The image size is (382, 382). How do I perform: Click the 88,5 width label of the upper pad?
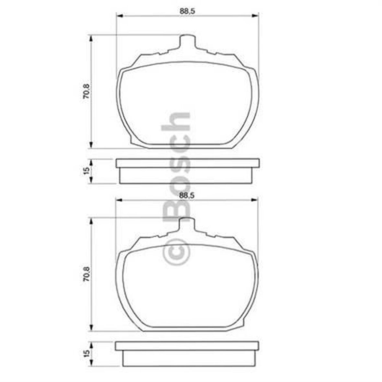coord(187,11)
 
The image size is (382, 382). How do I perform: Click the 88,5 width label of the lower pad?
coord(187,195)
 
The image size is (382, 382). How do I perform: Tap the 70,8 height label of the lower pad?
coord(86,274)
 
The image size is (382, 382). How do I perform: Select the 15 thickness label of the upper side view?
coord(86,171)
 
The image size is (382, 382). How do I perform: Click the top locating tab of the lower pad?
coord(187,224)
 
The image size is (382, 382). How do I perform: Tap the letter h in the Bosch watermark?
coord(175,121)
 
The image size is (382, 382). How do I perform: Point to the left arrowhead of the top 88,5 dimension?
coord(119,15)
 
